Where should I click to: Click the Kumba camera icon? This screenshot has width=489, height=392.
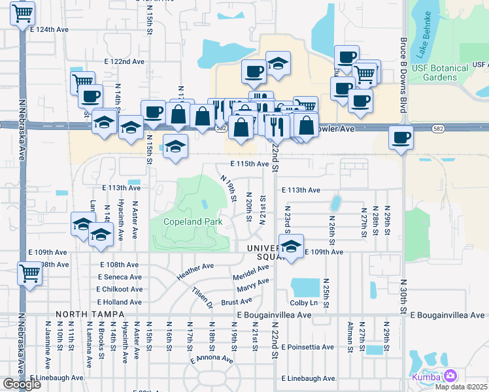[450, 376]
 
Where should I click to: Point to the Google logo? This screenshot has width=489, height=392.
[22, 384]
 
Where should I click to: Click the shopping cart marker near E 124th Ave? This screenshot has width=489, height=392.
[23, 13]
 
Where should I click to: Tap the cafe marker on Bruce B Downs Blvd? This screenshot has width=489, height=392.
[400, 139]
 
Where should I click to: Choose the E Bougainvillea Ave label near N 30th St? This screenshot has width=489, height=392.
[447, 315]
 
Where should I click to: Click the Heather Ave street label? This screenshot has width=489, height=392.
[195, 271]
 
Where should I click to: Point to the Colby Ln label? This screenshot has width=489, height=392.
[303, 302]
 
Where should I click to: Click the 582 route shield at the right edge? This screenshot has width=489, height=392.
[438, 129]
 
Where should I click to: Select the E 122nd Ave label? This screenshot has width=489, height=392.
[123, 61]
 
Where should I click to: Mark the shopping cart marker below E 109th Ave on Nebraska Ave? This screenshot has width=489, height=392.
[29, 274]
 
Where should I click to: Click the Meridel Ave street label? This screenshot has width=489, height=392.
[251, 272]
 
